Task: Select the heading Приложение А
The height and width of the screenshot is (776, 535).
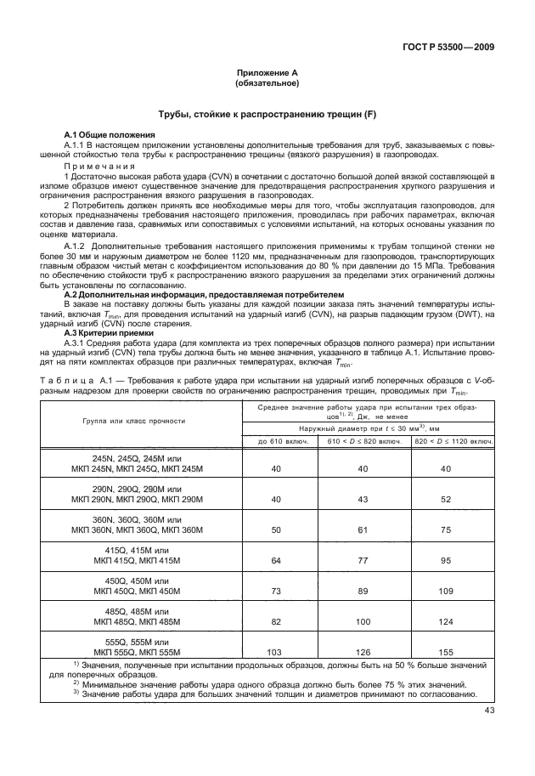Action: point(267,74)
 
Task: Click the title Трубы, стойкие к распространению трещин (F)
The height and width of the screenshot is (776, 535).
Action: point(267,114)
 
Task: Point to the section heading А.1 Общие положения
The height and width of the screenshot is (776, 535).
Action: point(110,136)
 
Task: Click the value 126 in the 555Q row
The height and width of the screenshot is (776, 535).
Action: point(363,652)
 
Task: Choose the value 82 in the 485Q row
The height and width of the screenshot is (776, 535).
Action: point(274,621)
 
